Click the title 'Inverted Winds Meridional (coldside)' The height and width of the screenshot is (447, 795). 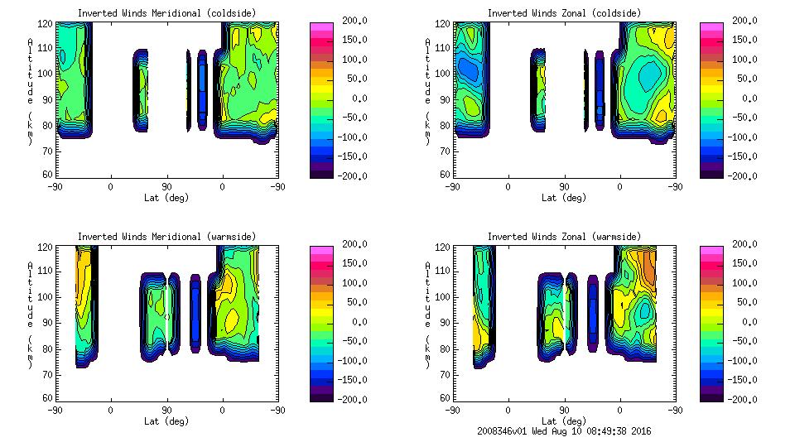point(166,13)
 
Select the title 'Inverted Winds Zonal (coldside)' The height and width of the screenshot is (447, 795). point(564,13)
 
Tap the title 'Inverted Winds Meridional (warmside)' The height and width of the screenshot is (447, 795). point(166,237)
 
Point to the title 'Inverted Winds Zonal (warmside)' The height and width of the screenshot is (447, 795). point(564,237)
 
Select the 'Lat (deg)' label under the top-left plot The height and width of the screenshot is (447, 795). point(166,198)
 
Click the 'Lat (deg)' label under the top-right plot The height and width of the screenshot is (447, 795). point(564,198)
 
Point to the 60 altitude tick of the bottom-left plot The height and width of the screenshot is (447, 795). point(49,398)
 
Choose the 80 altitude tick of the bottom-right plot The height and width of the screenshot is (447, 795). point(446,348)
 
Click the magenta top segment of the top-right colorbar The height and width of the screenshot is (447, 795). point(710,26)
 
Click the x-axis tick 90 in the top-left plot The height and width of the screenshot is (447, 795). point(166,186)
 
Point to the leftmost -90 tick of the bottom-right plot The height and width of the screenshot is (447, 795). point(451,410)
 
